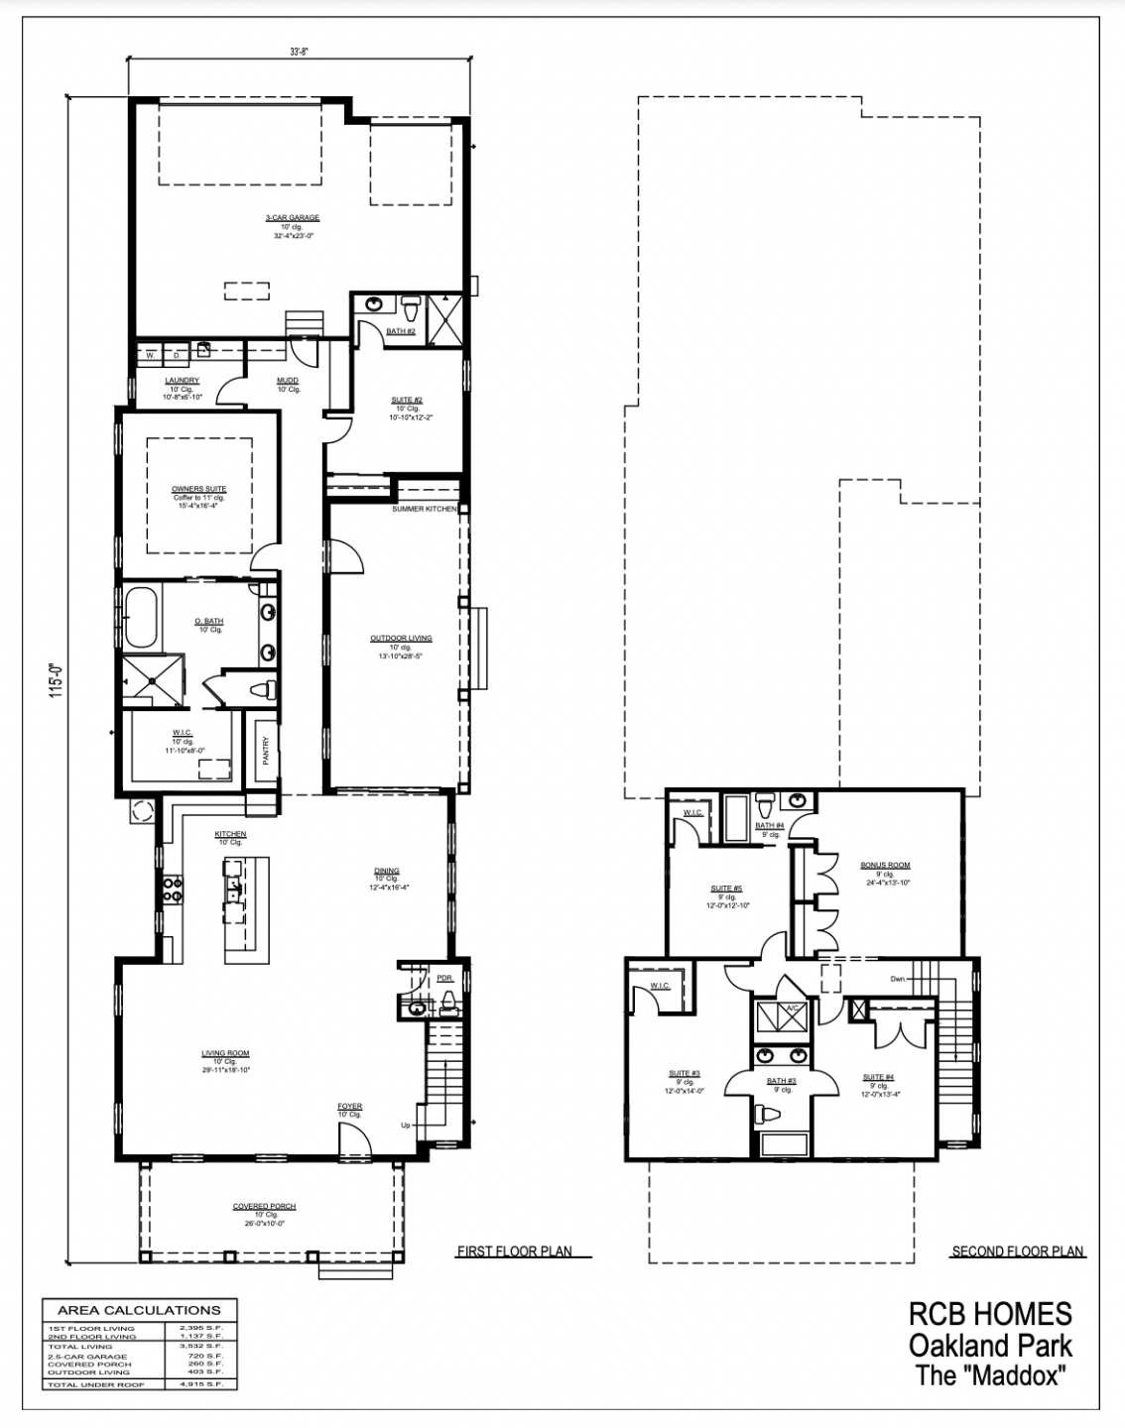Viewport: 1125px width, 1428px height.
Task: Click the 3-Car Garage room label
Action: [x=292, y=218]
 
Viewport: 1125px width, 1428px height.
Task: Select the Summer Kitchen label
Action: [x=424, y=509]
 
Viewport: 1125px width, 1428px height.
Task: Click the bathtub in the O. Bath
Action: [x=142, y=616]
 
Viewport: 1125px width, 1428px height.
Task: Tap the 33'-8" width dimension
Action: [x=300, y=53]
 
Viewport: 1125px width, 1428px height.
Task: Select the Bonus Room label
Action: [x=885, y=866]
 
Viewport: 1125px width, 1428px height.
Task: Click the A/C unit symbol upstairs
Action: [x=792, y=1009]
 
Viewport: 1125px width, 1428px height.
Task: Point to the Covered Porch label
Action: [x=264, y=1207]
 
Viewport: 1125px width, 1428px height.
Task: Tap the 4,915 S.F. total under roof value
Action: [x=202, y=1383]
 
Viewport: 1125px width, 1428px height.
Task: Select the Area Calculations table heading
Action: [x=139, y=1310]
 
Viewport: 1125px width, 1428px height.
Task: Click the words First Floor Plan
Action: [x=514, y=1251]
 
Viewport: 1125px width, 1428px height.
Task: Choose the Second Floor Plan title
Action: [x=1017, y=1251]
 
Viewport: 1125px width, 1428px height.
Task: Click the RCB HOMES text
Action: [x=990, y=1314]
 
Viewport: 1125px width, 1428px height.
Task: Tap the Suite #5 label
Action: [x=726, y=889]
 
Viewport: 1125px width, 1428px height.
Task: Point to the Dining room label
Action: [x=387, y=872]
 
